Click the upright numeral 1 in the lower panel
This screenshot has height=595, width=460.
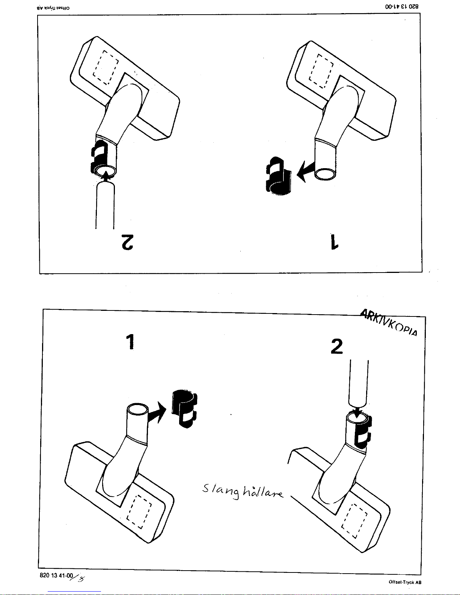point(130,342)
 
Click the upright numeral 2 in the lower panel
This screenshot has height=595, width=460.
point(337,346)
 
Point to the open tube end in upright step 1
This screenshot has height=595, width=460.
point(138,409)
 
